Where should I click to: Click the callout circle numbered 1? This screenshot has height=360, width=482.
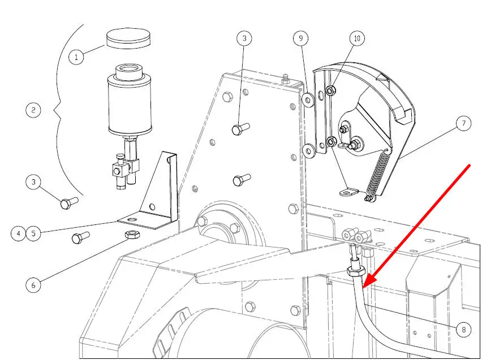tap(76, 57)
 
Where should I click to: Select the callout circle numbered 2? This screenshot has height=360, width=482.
tap(33, 110)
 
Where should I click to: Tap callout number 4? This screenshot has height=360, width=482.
tap(19, 233)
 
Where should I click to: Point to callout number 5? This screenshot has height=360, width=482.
tap(33, 233)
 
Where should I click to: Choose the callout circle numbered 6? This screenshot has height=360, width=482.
tap(33, 285)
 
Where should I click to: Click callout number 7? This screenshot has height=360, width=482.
tap(463, 123)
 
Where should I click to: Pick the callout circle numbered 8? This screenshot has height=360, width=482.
tap(463, 329)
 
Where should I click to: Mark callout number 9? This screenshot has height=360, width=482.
tap(300, 38)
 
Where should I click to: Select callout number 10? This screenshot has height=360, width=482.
tap(357, 38)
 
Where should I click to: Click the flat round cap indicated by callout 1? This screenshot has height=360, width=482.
tap(128, 38)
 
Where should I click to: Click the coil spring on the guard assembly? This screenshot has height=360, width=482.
tap(377, 176)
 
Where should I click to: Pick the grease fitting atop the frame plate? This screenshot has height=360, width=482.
tap(285, 79)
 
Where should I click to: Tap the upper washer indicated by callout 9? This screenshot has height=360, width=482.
tap(308, 100)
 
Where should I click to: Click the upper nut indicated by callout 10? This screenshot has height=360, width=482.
tap(330, 90)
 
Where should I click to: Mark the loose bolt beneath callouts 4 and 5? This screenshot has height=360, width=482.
tap(80, 237)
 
